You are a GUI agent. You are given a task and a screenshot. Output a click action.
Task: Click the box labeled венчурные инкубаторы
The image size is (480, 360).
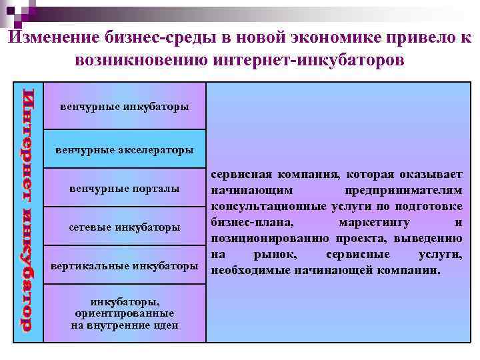[124, 106]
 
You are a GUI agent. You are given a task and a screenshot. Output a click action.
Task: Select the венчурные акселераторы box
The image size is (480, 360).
[124, 149]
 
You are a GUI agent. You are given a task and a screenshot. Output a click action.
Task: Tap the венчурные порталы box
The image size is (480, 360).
[124, 189]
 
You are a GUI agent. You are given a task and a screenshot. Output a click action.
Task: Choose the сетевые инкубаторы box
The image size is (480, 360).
[124, 228]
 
